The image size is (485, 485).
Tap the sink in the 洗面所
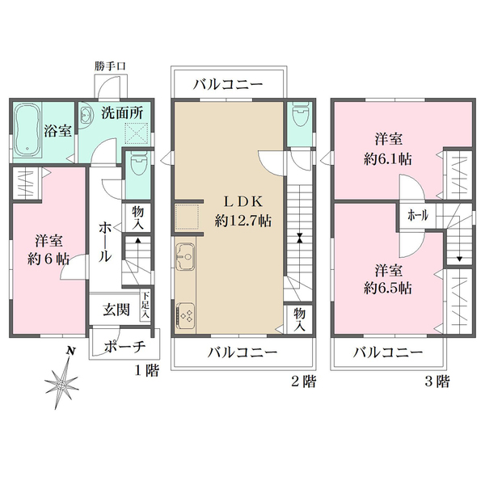[86, 115]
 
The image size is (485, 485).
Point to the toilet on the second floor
[300, 116]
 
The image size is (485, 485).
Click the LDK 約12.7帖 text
[242, 210]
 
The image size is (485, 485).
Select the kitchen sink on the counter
[184, 260]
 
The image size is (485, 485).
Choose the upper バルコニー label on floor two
[228, 83]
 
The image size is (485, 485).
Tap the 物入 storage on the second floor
[299, 318]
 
